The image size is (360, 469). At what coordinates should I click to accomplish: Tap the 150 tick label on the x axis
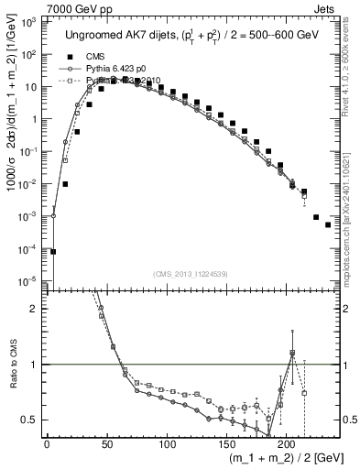click(166, 443)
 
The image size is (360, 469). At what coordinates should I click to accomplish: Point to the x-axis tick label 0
click(48, 443)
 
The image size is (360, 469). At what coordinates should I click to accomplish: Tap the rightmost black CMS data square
click(328, 224)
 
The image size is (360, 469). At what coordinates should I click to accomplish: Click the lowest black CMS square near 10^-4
click(53, 251)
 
